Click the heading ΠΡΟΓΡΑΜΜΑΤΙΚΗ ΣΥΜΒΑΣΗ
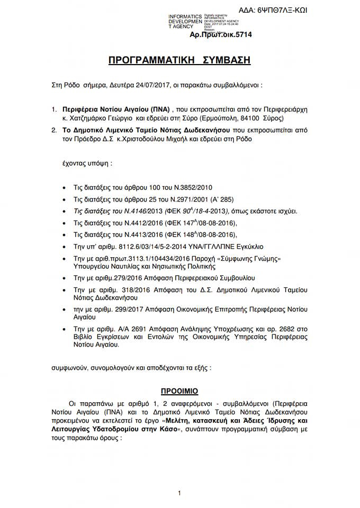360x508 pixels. click(179, 60)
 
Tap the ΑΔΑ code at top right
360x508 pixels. click(280, 10)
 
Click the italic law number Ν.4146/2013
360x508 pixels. click(129, 211)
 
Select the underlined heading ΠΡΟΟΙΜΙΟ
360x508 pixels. click(179, 391)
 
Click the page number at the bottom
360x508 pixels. click(179, 493)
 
